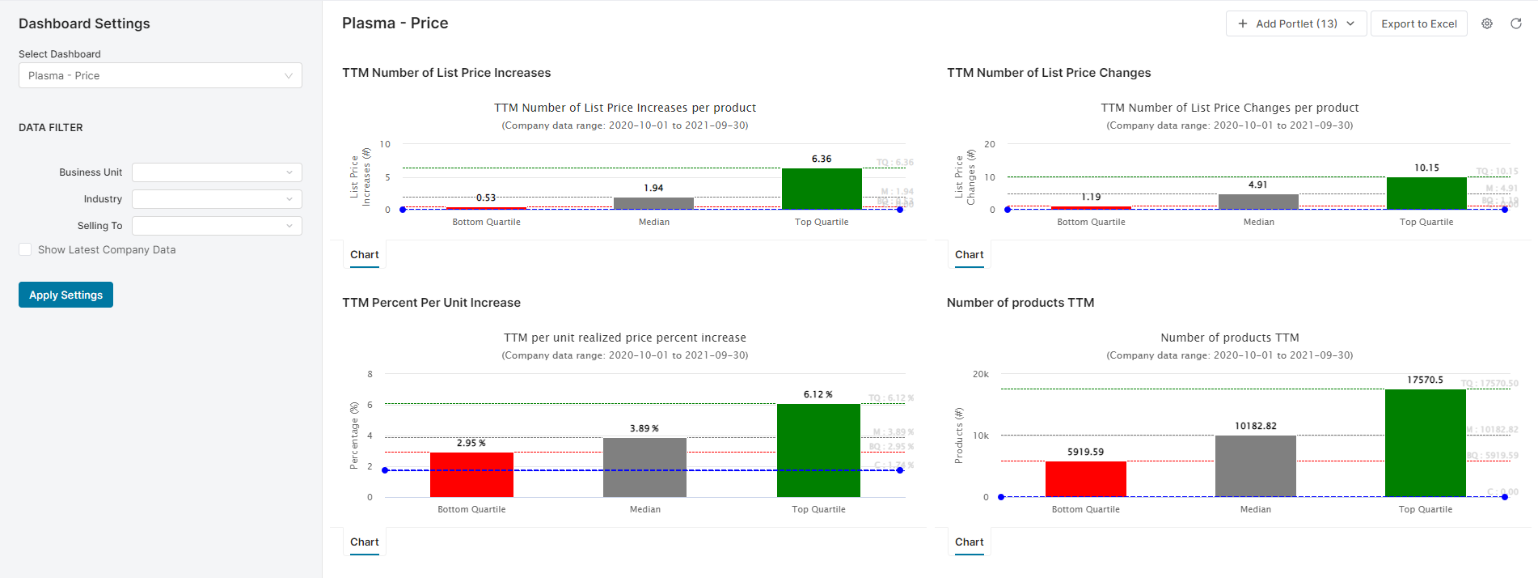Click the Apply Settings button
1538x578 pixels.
click(65, 295)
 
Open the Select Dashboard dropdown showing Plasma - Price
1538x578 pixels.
click(160, 75)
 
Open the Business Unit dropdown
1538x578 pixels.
click(217, 172)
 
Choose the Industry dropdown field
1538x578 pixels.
click(217, 199)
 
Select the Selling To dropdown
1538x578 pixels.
click(217, 226)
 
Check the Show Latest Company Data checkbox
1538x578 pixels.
click(25, 250)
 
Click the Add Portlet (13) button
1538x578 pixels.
click(1295, 23)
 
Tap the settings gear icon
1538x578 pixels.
click(1487, 23)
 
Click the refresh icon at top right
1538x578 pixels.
click(1516, 23)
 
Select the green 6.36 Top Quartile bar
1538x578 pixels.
click(822, 189)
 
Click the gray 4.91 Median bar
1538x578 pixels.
click(1258, 202)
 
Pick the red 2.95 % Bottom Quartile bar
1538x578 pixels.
click(471, 474)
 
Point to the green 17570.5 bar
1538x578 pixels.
click(1425, 443)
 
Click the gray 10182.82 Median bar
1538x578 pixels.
click(1255, 466)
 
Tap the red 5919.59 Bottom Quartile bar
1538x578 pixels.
click(1085, 479)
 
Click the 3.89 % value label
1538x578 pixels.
click(644, 428)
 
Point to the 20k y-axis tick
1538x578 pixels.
click(980, 374)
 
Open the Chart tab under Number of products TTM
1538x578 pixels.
click(969, 542)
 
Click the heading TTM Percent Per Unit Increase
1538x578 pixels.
click(431, 303)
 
